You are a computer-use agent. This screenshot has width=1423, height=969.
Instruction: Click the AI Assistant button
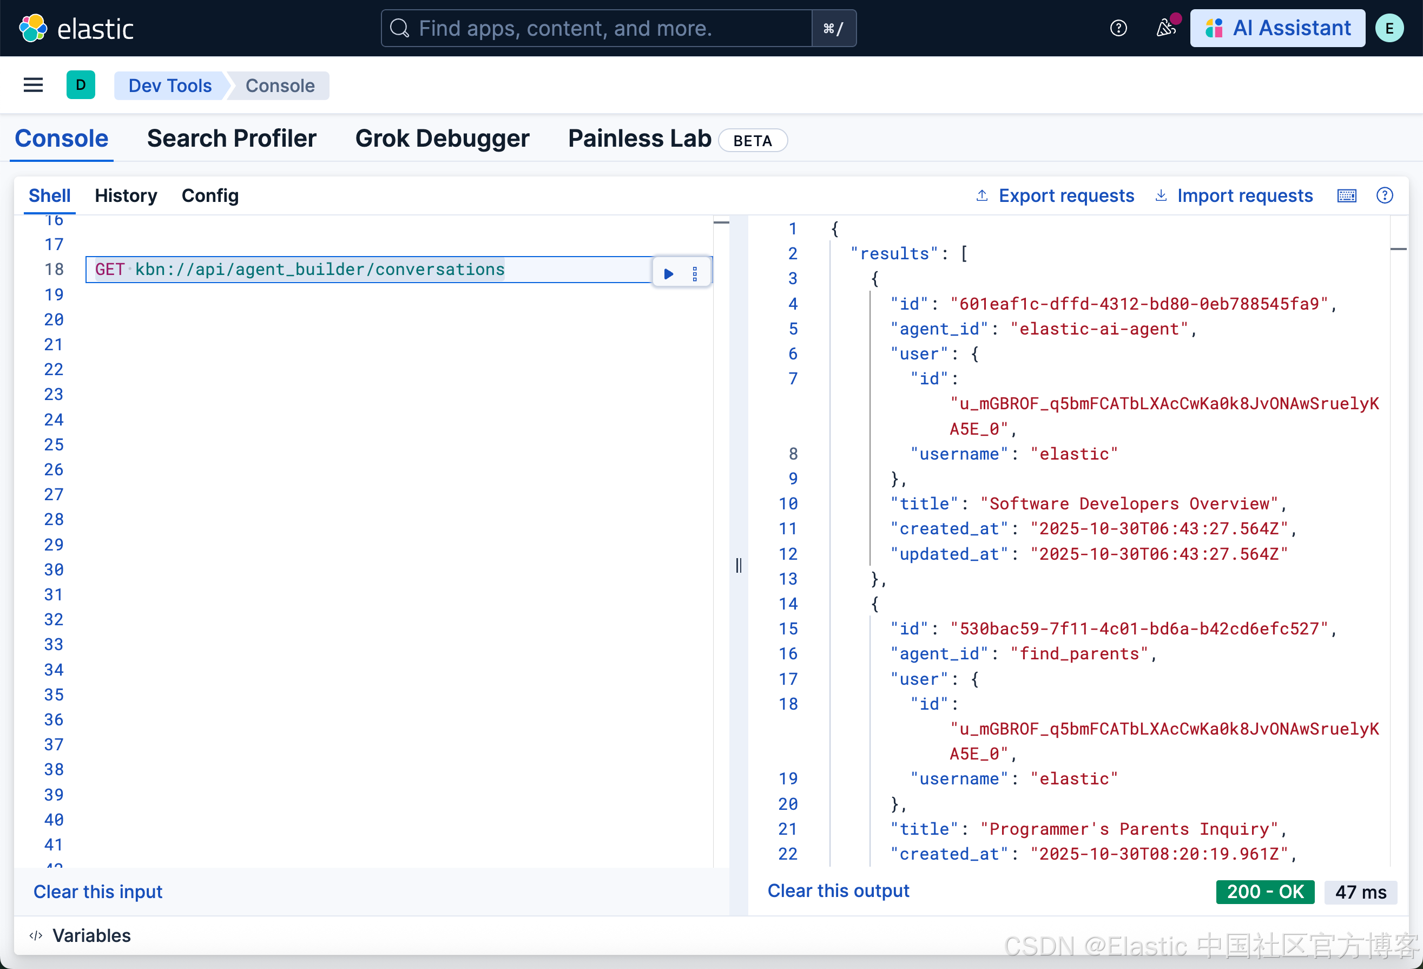click(1277, 28)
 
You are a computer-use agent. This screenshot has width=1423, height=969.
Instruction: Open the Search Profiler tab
click(232, 139)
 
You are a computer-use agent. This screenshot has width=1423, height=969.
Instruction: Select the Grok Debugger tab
click(442, 139)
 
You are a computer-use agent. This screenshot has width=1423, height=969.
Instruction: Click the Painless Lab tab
click(639, 139)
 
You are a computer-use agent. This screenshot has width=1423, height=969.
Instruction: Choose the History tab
click(126, 195)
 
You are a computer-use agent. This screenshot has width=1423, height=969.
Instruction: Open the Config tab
click(210, 195)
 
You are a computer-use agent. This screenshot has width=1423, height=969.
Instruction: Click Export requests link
click(1065, 195)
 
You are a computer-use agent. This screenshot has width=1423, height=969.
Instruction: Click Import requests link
click(1244, 195)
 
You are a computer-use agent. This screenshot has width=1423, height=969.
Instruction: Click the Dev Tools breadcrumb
click(169, 86)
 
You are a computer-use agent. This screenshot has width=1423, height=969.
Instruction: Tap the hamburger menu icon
click(33, 85)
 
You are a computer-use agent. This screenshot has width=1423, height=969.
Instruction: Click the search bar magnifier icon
click(400, 28)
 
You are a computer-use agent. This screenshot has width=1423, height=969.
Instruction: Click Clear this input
click(98, 891)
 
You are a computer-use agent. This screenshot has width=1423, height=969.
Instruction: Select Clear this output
click(838, 890)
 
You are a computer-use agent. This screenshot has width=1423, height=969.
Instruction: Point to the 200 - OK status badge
click(1264, 891)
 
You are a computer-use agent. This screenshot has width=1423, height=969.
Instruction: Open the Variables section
click(91, 935)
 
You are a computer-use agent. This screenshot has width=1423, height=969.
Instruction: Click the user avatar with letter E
click(1389, 28)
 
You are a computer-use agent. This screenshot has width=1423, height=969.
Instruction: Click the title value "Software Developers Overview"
click(1129, 503)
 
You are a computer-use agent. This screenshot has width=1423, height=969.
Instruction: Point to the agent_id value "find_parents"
click(1079, 653)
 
